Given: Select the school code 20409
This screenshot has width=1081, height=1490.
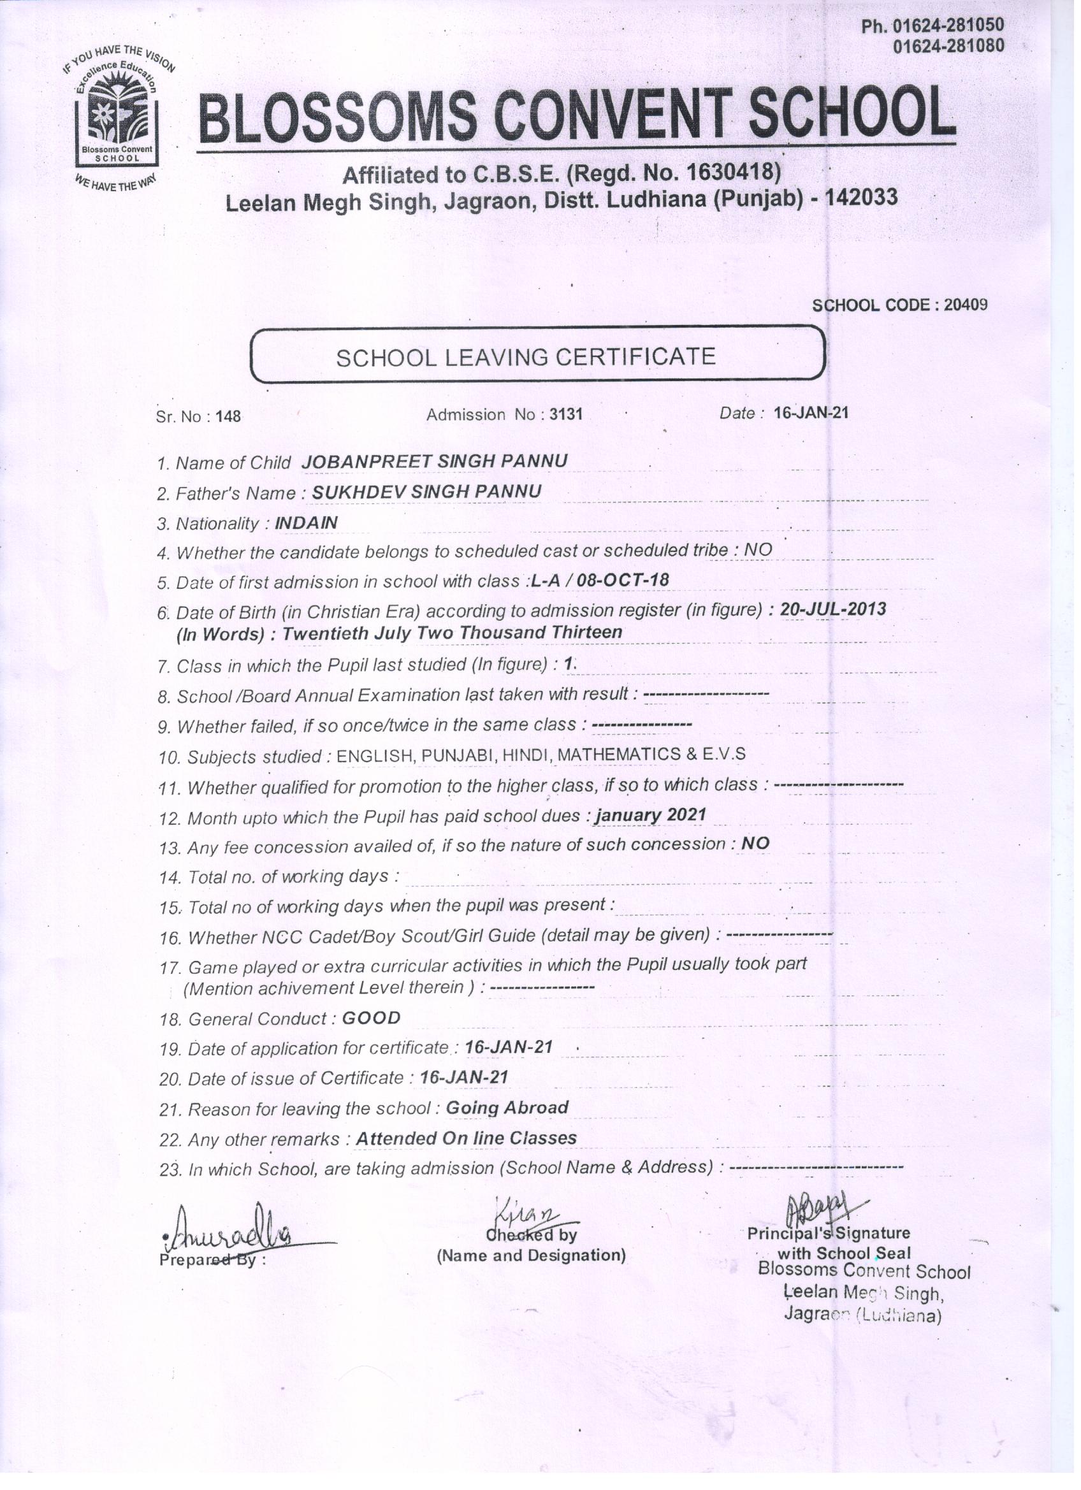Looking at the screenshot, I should coord(966,305).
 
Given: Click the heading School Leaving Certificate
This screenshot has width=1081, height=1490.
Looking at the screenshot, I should coord(526,357).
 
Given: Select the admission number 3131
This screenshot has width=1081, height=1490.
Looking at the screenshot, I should coord(566,414).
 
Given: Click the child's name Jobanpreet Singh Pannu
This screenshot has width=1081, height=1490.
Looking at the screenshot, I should coord(434,461).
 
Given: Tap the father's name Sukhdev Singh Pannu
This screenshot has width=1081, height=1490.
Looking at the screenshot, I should coord(427,492).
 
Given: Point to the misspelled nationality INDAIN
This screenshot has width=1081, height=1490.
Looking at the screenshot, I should coord(306,523).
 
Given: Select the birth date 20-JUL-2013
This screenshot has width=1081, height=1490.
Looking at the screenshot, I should coord(833,609).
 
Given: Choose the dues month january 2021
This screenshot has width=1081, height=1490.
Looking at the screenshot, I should coord(651,815).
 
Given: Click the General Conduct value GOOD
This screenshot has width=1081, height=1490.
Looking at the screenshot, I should coord(372,1018).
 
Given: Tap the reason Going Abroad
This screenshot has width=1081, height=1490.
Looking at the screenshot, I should coord(507,1108).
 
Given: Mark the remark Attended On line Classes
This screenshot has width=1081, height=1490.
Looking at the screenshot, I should coord(466,1138).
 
